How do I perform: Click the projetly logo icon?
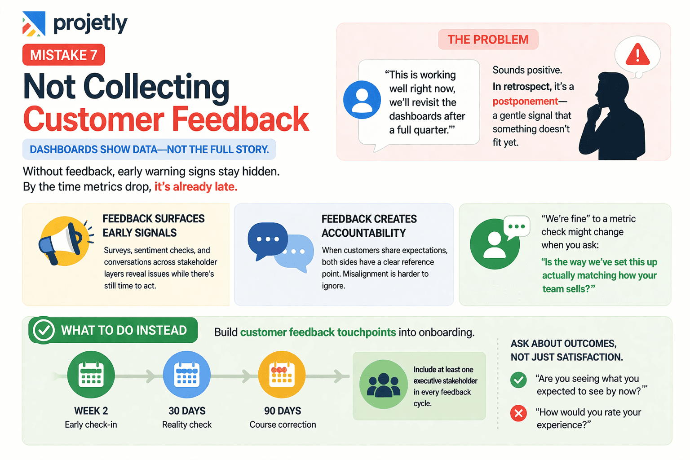[x=34, y=23]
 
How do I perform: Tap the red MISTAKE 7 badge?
[x=63, y=55]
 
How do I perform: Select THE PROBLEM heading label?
[x=488, y=40]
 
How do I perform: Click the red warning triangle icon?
[x=637, y=55]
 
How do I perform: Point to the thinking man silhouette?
[x=612, y=117]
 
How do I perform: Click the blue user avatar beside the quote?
[x=362, y=100]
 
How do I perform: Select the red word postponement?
[x=525, y=101]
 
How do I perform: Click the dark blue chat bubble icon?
[x=267, y=240]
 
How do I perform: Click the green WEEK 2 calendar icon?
[x=91, y=374]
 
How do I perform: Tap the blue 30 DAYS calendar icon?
[x=186, y=374]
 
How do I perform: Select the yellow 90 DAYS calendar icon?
[x=282, y=374]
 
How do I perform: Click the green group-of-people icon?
[x=383, y=384]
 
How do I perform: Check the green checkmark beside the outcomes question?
[x=518, y=380]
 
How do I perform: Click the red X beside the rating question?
[x=518, y=413]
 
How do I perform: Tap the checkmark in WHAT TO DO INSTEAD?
[x=44, y=331]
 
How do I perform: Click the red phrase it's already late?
[x=195, y=186]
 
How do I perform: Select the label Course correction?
[x=283, y=425]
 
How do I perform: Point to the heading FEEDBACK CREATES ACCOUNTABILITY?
[x=369, y=226]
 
